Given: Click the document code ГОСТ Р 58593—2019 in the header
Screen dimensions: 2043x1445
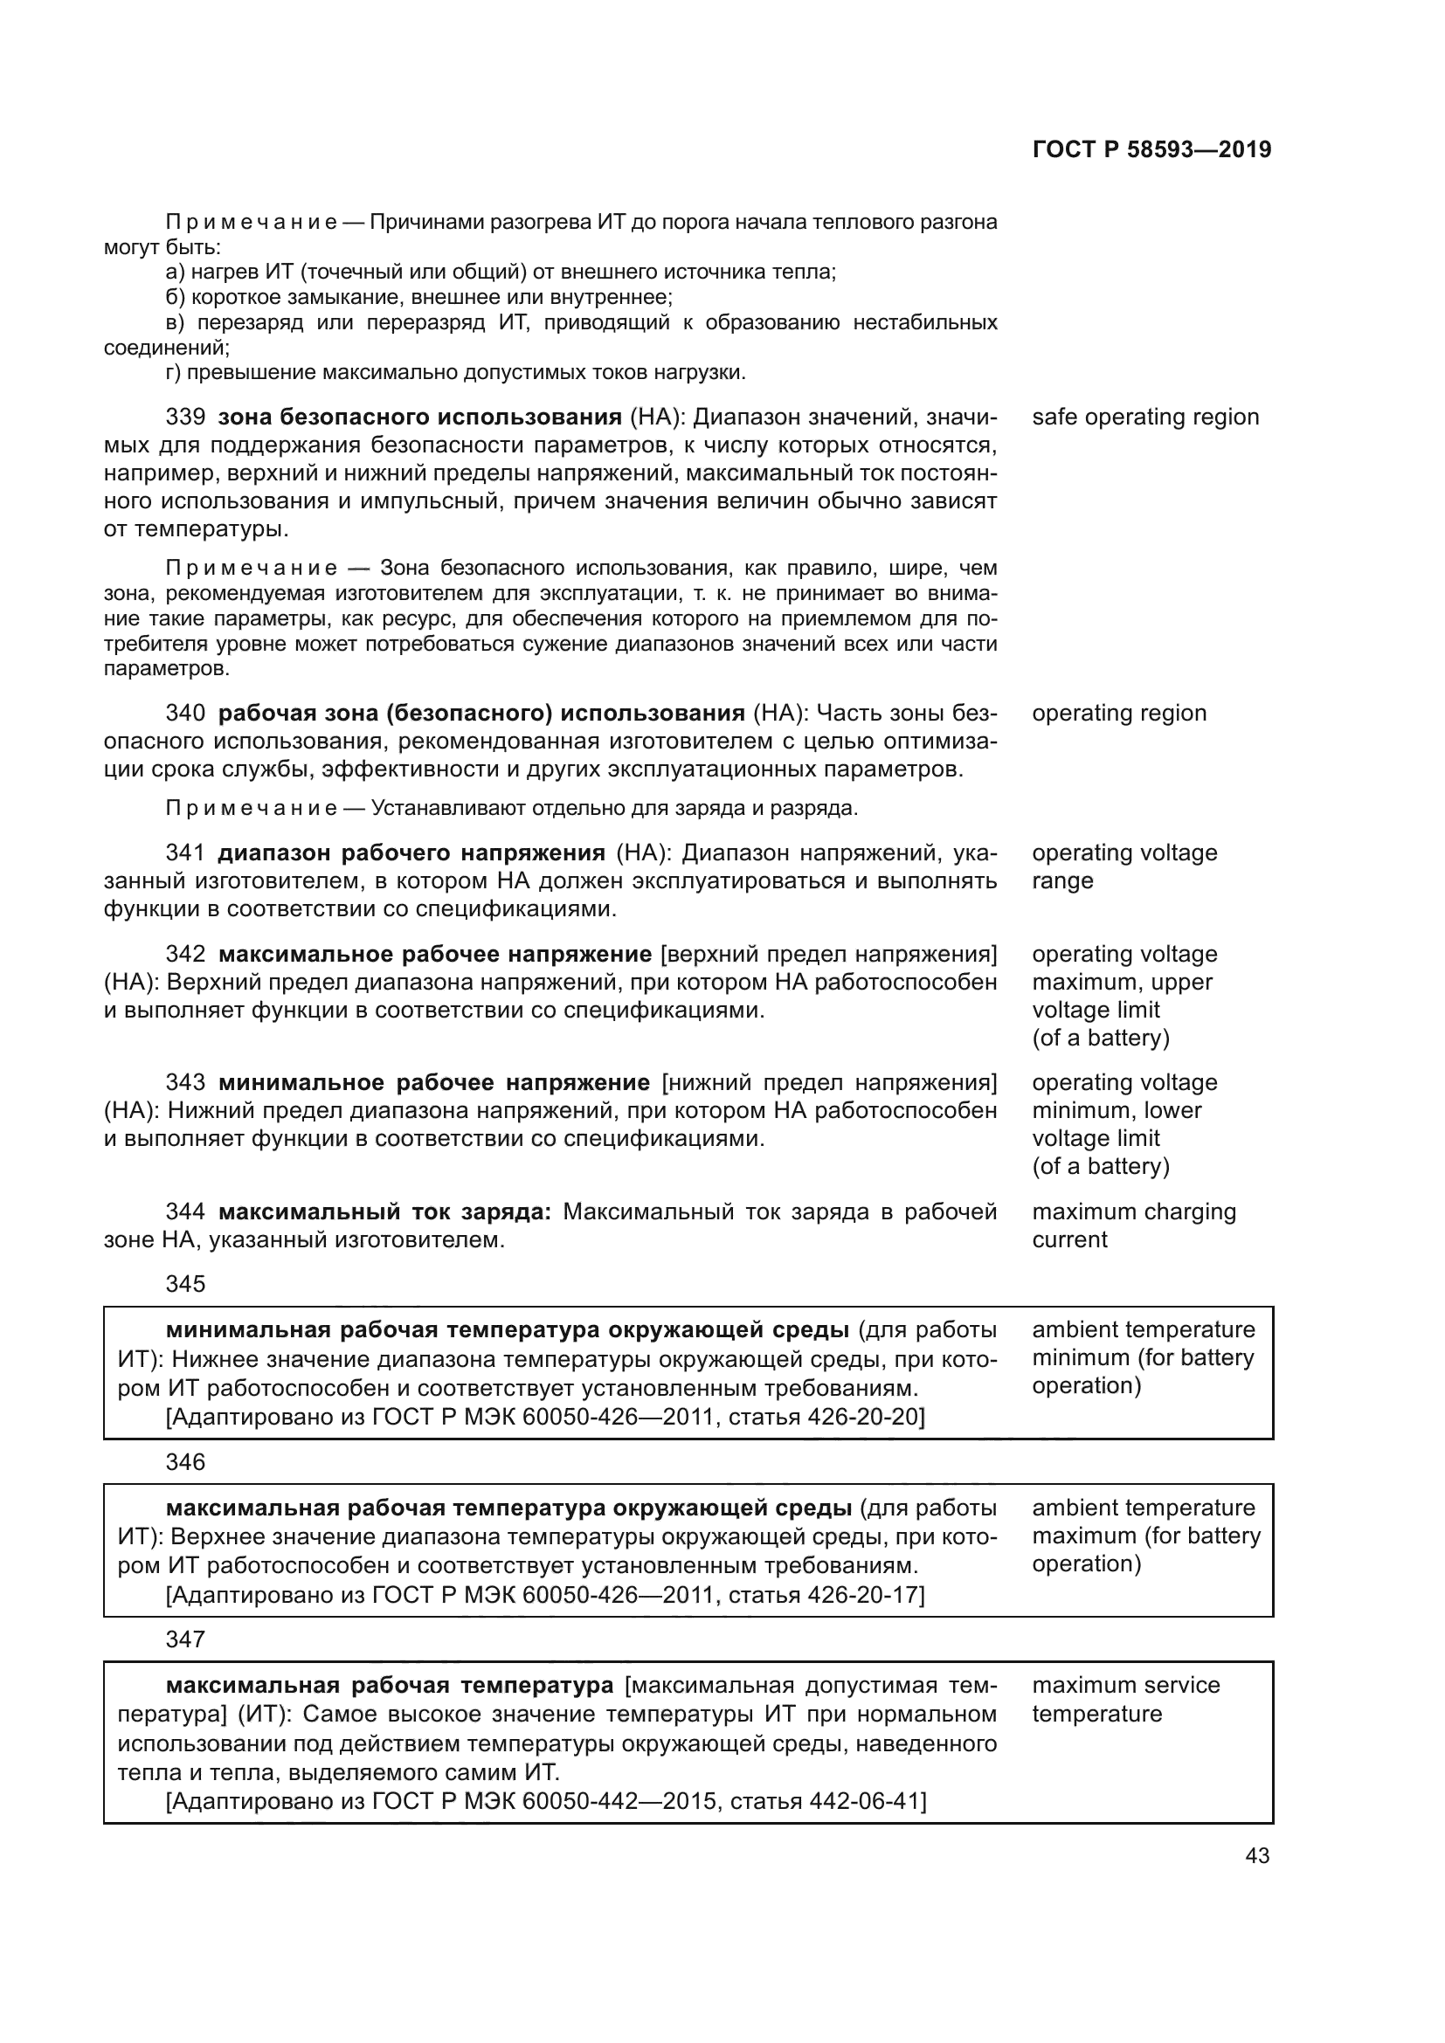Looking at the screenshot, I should [1151, 149].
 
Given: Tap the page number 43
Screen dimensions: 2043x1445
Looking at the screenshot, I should [1257, 1855].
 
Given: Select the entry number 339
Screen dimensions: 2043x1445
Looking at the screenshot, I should [185, 418].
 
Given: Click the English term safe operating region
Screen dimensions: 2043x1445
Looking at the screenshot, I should [1145, 418].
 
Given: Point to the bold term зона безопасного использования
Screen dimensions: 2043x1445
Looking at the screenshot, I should [419, 418].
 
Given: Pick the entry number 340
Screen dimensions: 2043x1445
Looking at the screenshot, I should [185, 713].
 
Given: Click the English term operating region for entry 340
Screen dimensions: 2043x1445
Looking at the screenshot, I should [1118, 713].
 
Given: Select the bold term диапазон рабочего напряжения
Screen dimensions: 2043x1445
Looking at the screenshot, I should [411, 852].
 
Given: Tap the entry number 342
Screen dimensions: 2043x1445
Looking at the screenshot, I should [185, 954].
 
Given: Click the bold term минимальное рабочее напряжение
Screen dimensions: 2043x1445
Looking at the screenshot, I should [433, 1082].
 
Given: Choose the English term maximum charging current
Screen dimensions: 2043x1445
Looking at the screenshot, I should [1134, 1225].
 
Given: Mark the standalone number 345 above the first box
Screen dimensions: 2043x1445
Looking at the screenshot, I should [185, 1284].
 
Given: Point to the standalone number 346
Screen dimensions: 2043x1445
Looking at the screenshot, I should [185, 1462].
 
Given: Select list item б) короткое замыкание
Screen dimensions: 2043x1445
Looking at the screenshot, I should [418, 296].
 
